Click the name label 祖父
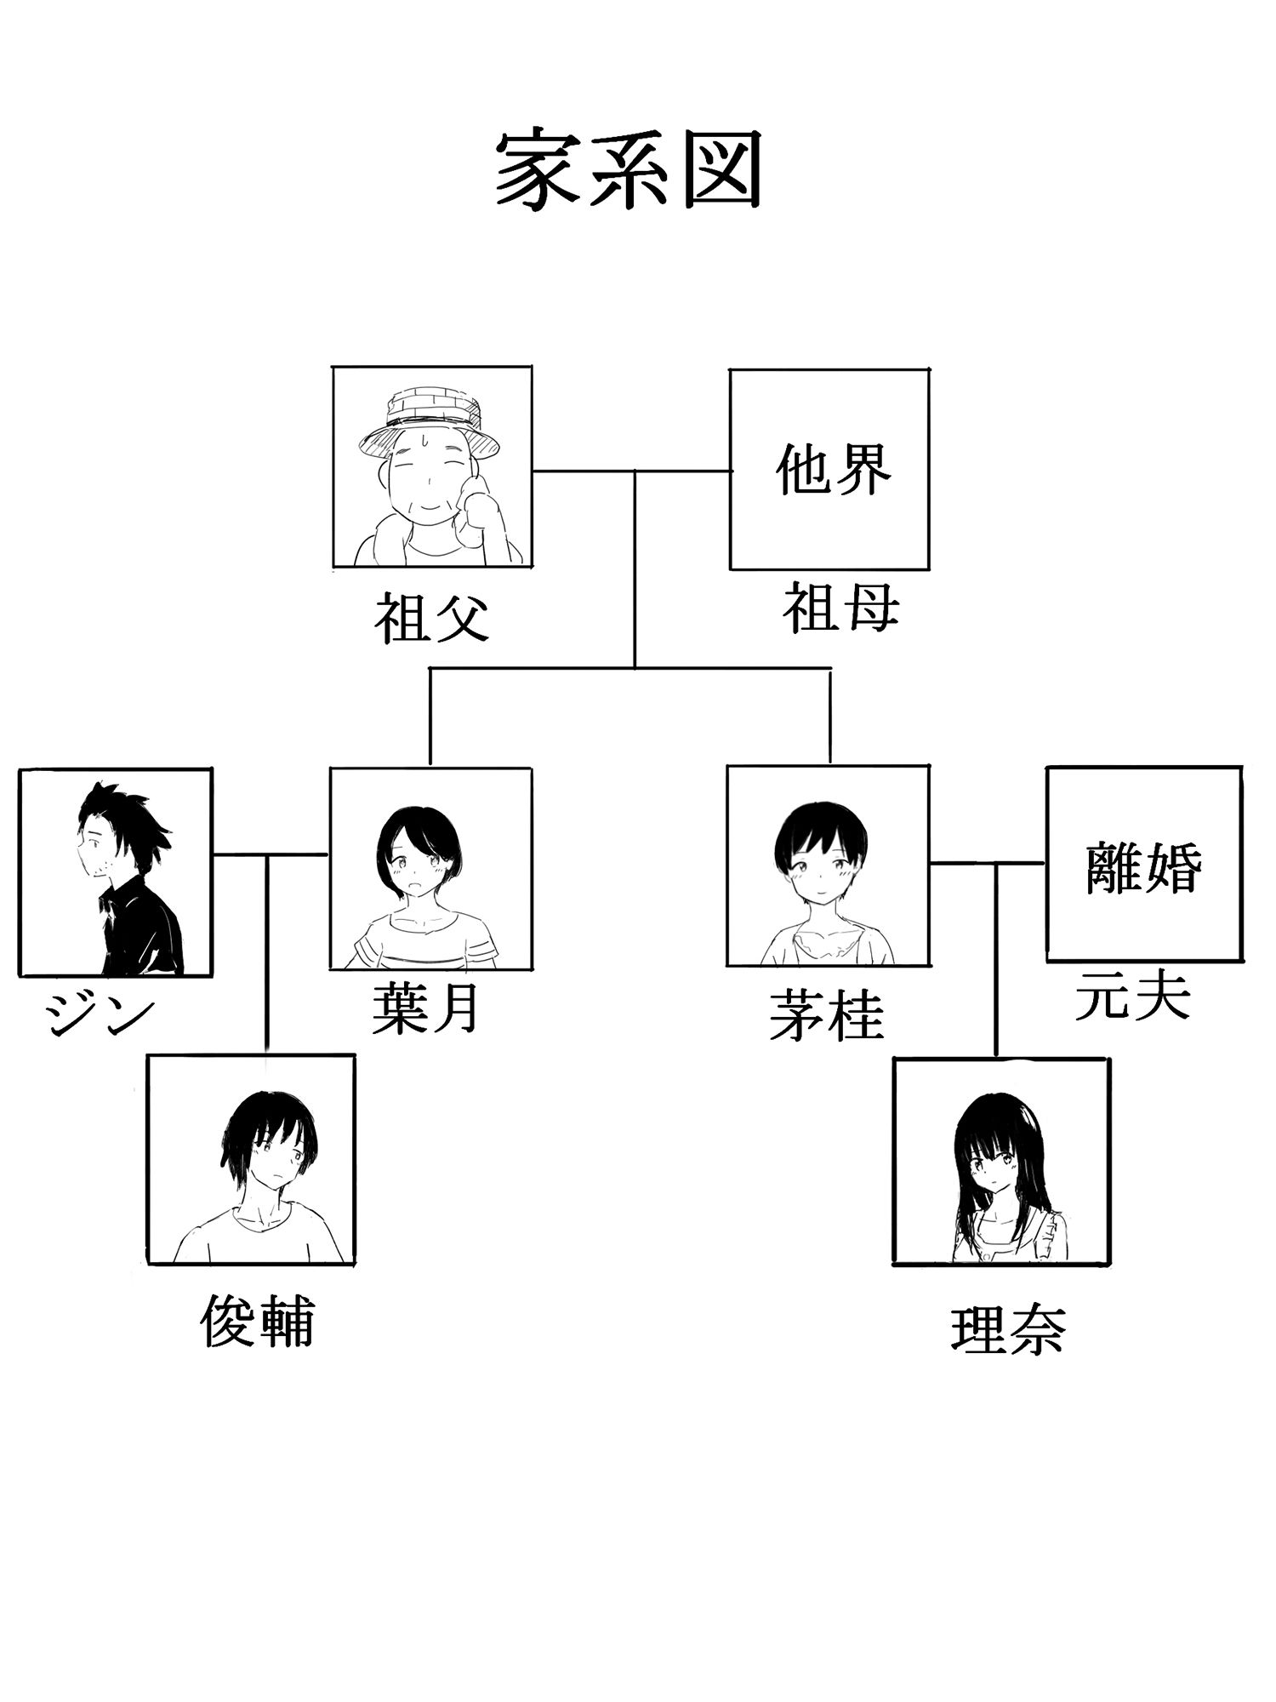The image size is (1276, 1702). pyautogui.click(x=432, y=619)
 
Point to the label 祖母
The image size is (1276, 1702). pyautogui.click(x=840, y=608)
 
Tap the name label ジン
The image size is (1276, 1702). pyautogui.click(x=100, y=1014)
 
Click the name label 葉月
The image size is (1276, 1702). pyautogui.click(x=425, y=1009)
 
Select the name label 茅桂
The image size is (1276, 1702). pyautogui.click(x=826, y=1016)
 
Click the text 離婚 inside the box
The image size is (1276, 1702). pyautogui.click(x=1143, y=867)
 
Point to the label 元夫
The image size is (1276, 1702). pyautogui.click(x=1132, y=996)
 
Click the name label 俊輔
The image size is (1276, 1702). pyautogui.click(x=257, y=1322)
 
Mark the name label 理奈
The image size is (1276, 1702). pyautogui.click(x=1008, y=1329)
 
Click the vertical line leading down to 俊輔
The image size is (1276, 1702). pyautogui.click(x=267, y=953)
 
